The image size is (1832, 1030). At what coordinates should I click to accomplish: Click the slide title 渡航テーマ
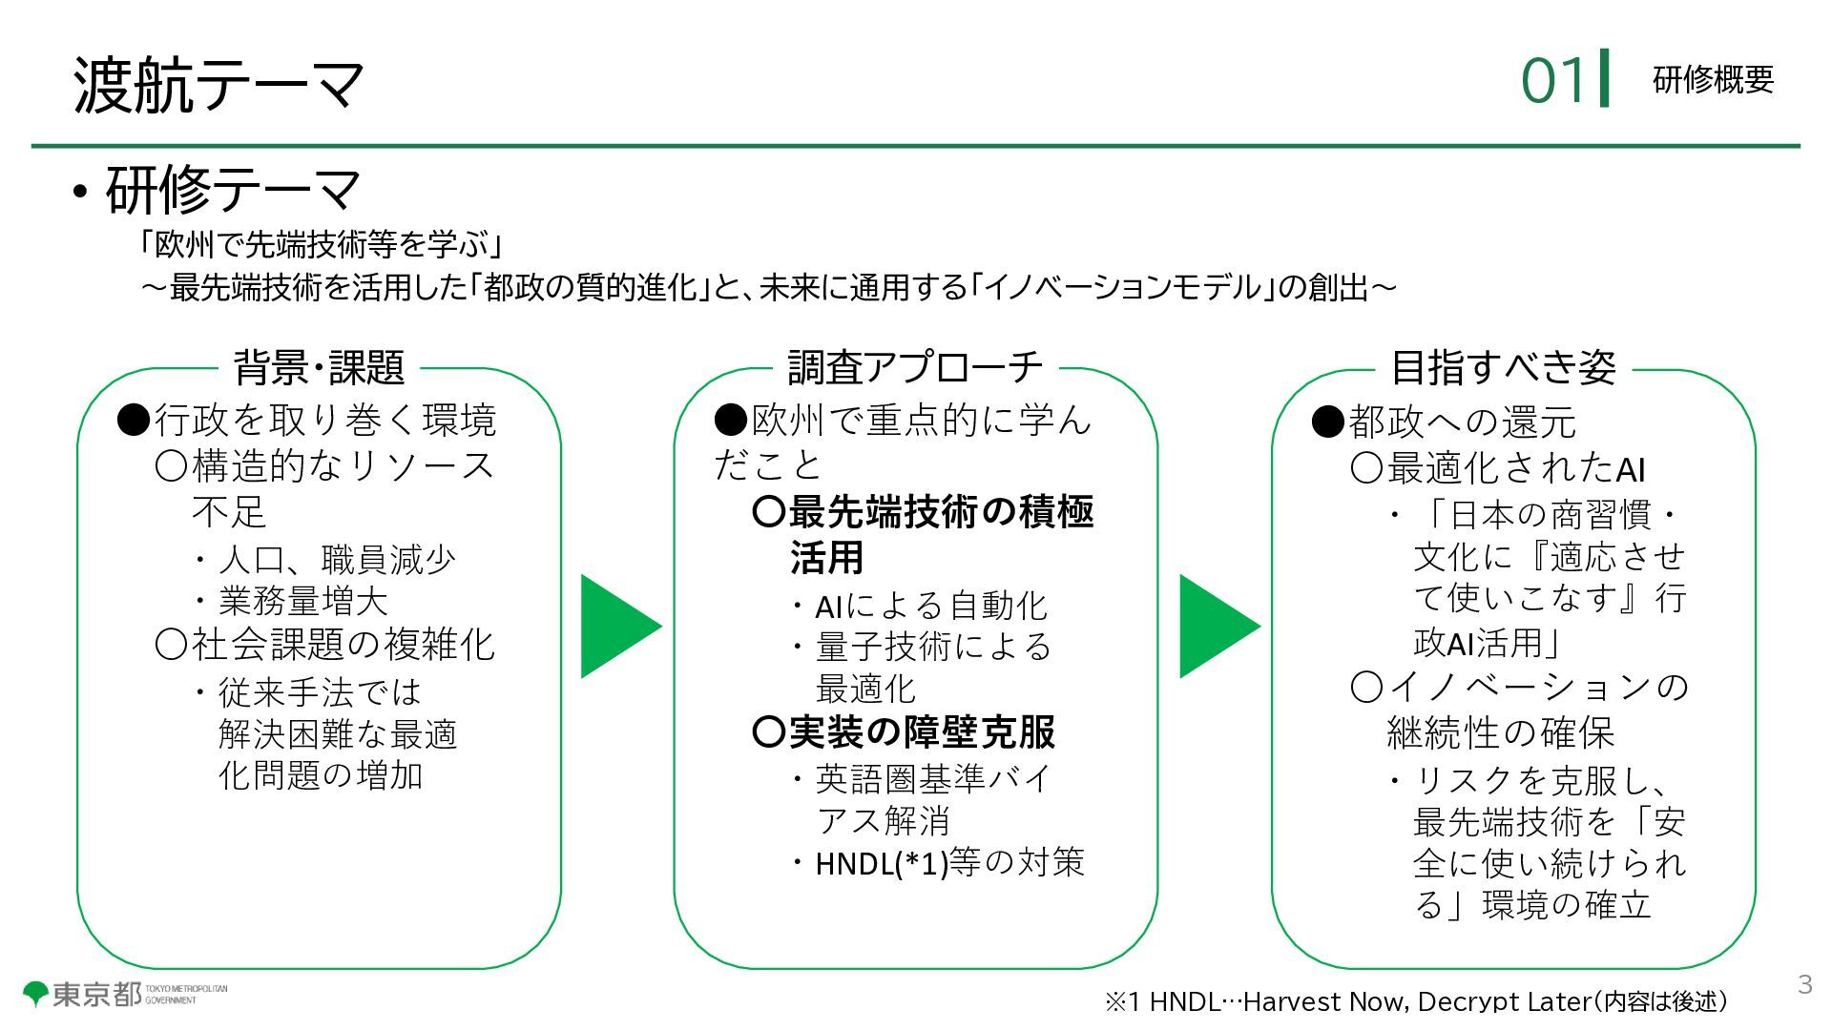219,84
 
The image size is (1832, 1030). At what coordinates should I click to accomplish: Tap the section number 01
1553,80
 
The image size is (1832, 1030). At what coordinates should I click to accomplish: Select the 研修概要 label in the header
1713,80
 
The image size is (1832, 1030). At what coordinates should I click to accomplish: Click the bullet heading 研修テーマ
233,190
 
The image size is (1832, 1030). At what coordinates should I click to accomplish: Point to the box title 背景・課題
319,367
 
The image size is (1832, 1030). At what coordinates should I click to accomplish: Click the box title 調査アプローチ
915,367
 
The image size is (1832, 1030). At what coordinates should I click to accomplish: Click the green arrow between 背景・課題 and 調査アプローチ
617,627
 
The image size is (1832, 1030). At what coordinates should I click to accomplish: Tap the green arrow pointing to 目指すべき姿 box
1216,627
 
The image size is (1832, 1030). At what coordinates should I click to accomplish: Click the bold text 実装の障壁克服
921,732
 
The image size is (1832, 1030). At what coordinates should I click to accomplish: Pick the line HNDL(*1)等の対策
949,863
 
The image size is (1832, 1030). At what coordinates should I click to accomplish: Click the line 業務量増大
302,601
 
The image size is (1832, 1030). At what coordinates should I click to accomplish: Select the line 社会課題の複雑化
343,646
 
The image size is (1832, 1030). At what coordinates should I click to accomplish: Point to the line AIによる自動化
930,606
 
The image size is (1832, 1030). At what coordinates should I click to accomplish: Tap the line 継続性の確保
1499,732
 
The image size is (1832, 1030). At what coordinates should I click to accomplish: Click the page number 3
1804,984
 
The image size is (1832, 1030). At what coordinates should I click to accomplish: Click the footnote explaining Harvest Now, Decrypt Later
1416,1001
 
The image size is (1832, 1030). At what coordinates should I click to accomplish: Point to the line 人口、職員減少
337,559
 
